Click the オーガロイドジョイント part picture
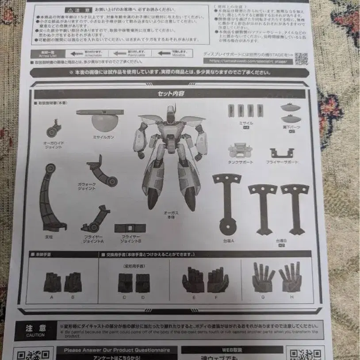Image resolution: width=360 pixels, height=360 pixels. [x=54, y=129]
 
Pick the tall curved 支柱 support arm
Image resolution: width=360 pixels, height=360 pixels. [x=50, y=197]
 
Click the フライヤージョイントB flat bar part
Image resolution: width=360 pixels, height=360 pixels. [x=130, y=228]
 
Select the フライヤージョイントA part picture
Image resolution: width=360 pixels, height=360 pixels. [x=95, y=219]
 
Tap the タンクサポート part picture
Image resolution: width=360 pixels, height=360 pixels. [x=240, y=150]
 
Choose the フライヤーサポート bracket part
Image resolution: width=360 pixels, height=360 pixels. [x=282, y=153]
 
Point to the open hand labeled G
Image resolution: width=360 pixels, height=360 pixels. [x=263, y=277]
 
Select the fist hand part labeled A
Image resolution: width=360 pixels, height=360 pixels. [x=52, y=282]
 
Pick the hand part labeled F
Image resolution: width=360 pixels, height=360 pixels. [x=218, y=280]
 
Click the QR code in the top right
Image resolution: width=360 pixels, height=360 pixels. [x=301, y=58]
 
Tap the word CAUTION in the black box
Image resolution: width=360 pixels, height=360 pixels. [x=35, y=335]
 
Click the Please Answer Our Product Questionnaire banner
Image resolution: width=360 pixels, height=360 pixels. [x=117, y=350]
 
